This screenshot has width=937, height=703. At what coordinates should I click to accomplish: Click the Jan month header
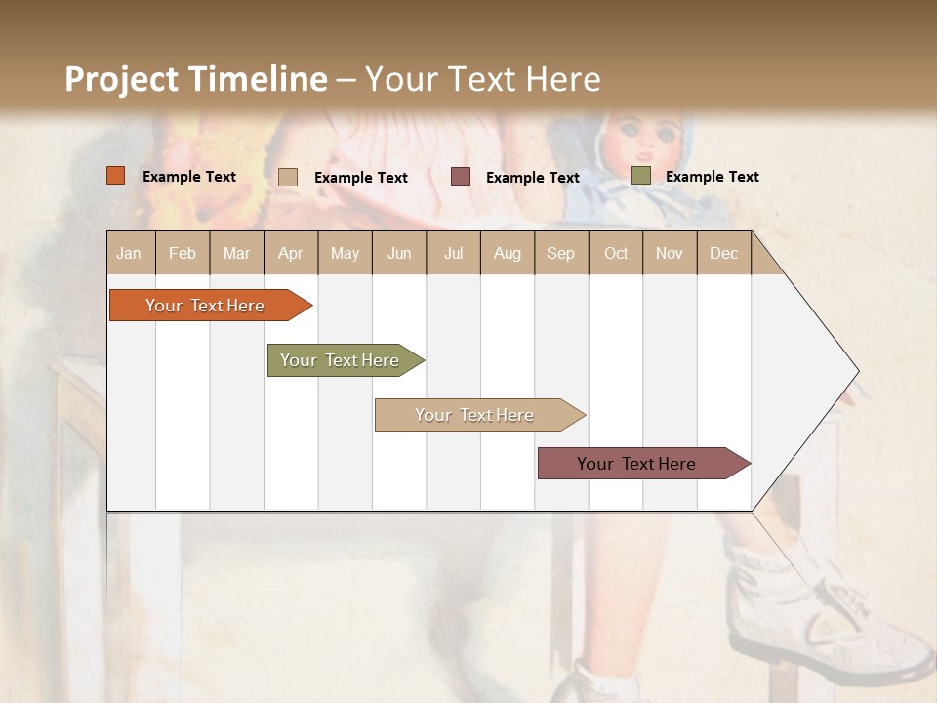[x=130, y=253]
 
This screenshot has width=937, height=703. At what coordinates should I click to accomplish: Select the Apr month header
[x=291, y=253]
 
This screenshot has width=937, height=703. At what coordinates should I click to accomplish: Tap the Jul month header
[x=453, y=253]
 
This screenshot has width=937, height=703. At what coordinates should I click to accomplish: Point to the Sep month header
[x=560, y=253]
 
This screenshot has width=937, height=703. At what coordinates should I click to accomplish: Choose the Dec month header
[x=723, y=253]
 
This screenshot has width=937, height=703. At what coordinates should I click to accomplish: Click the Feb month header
[x=183, y=253]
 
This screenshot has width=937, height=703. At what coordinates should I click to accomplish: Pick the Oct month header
[x=616, y=253]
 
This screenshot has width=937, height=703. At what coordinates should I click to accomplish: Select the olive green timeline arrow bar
[x=342, y=360]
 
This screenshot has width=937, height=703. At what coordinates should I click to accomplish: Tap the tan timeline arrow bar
[x=476, y=415]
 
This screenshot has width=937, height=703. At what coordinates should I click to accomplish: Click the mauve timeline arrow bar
[x=639, y=464]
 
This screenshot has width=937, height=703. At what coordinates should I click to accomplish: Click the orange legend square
[x=116, y=176]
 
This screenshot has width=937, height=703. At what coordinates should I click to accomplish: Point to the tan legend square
[x=288, y=177]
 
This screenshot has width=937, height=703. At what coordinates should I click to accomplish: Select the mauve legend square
[x=461, y=176]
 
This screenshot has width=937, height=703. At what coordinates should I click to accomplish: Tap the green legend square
[x=641, y=176]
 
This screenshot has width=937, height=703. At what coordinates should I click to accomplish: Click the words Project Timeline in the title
[x=196, y=79]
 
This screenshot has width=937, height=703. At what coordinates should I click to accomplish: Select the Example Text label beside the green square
[x=712, y=177]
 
